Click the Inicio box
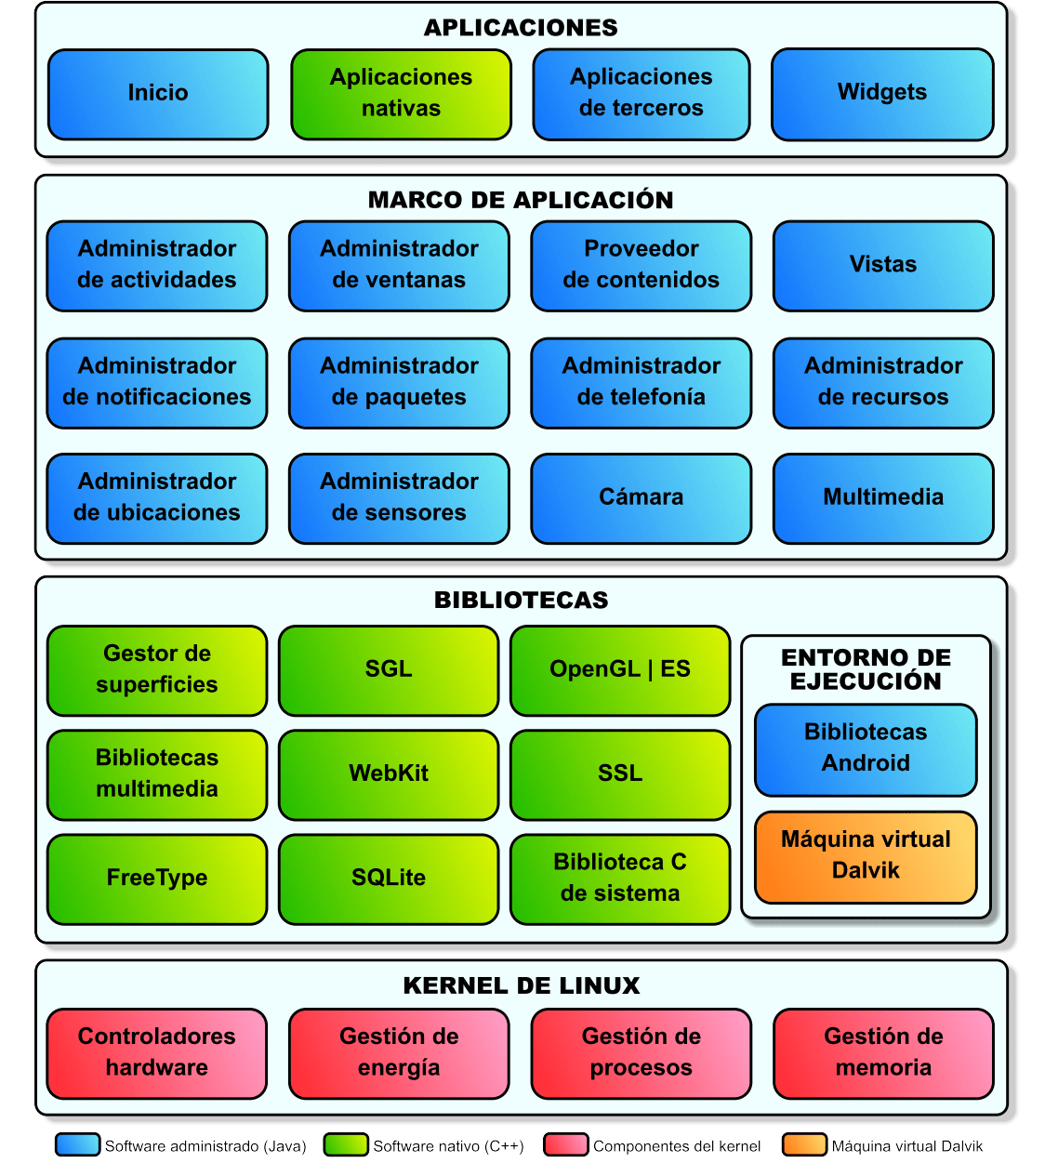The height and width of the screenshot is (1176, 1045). tap(158, 93)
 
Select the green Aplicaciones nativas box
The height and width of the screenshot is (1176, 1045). tap(401, 93)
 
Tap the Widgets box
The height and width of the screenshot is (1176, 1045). tap(882, 93)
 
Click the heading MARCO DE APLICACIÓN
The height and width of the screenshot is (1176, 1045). tap(521, 200)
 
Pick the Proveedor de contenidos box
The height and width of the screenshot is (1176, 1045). tap(641, 265)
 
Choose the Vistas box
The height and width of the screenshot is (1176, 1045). tap(883, 265)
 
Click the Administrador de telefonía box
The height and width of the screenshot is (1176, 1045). tap(641, 382)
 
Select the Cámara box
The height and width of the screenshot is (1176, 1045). tap(641, 497)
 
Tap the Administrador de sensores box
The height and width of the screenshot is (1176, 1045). tap(399, 497)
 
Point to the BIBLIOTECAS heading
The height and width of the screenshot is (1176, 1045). tap(521, 600)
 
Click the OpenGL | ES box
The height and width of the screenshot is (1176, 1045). tap(620, 670)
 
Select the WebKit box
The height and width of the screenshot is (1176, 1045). tap(389, 774)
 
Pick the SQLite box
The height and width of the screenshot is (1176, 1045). tap(389, 879)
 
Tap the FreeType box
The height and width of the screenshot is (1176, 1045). tap(157, 879)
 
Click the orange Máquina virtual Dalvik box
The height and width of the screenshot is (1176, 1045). tap(866, 856)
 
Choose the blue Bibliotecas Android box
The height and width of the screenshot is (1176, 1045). tap(866, 748)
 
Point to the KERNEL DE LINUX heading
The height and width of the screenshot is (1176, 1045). tap(521, 985)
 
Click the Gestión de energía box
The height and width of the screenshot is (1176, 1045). tap(399, 1052)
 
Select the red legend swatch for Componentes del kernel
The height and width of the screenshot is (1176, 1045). tap(565, 1144)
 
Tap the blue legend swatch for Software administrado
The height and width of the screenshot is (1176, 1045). tap(77, 1144)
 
